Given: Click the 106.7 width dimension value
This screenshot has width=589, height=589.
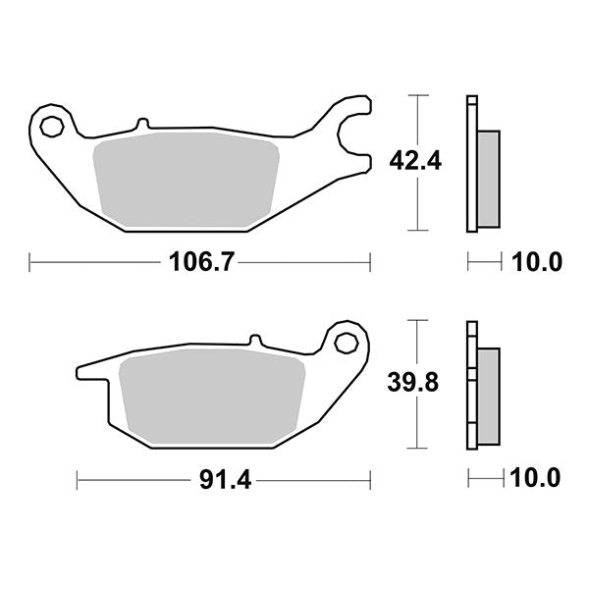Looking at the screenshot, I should point(197,262).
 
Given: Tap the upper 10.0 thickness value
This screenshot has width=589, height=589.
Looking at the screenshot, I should point(535,262).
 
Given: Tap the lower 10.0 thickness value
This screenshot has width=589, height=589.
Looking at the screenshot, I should point(535,480).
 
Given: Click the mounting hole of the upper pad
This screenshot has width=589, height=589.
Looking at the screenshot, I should point(52,125).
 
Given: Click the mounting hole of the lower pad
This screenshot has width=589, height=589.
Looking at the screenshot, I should point(346,343).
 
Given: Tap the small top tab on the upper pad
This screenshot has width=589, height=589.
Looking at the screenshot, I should point(142,124).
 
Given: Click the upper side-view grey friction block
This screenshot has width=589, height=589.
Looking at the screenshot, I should point(488,177).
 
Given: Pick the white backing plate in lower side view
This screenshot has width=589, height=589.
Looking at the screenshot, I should point(472,383).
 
